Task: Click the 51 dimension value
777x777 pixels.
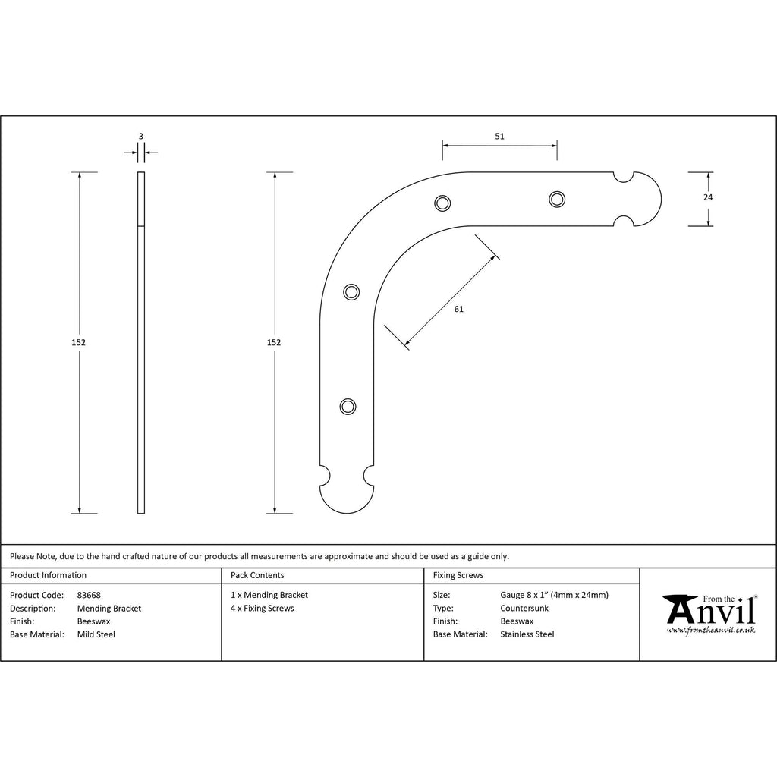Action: pos(499,137)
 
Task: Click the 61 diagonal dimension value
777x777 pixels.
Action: pos(459,310)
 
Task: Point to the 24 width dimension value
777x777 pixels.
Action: pos(708,197)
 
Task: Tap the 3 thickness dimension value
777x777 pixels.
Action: pos(140,137)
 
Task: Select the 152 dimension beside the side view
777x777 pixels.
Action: pos(78,342)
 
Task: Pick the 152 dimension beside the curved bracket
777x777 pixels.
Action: pos(273,342)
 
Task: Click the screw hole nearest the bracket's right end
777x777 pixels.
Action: pos(557,200)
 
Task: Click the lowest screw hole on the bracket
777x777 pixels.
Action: pos(348,407)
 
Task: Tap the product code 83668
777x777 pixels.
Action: pos(89,595)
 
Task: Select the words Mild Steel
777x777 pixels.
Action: pos(96,634)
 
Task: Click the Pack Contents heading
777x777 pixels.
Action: pos(257,575)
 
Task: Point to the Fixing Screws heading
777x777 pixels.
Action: pos(458,575)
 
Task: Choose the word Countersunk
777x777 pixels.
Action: pos(524,608)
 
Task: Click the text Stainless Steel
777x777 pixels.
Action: pos(527,634)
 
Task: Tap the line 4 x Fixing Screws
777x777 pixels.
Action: pos(262,608)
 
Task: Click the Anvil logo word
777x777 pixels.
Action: pos(709,610)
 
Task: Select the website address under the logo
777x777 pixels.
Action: pos(710,631)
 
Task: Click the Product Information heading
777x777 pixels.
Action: pos(48,575)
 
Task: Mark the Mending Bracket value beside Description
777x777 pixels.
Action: pos(109,609)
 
